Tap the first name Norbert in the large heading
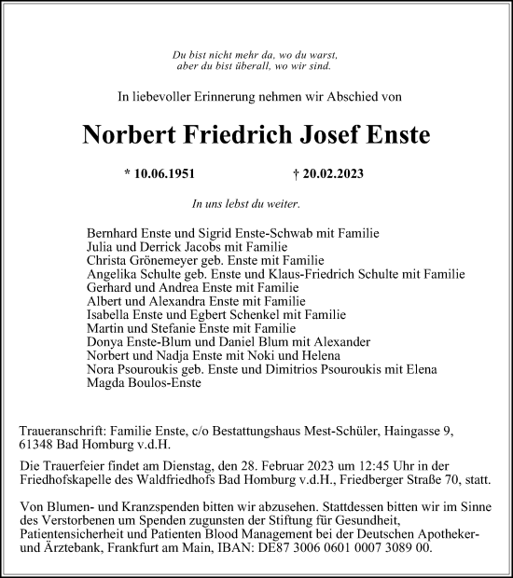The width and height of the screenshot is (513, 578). (131, 134)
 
